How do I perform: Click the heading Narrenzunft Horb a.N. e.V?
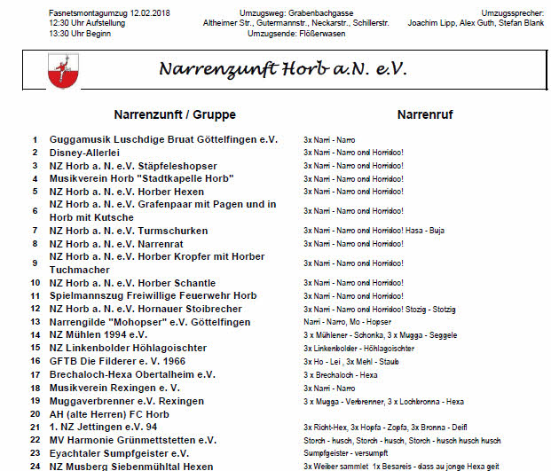(282, 70)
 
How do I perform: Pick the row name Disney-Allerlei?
(90, 153)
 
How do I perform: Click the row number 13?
(35, 322)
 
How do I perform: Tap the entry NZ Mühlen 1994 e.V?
(98, 335)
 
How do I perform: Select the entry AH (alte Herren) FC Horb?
(109, 414)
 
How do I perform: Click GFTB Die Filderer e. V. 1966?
(117, 361)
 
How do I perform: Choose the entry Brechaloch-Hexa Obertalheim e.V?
(132, 374)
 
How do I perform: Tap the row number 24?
(35, 466)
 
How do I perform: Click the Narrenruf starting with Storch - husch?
(402, 441)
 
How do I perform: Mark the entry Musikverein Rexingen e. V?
(114, 388)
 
